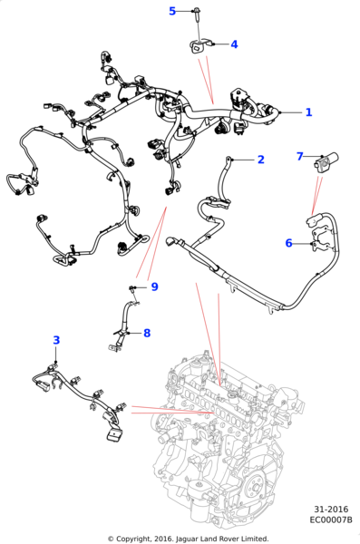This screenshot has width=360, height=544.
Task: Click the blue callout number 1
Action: click(x=308, y=112)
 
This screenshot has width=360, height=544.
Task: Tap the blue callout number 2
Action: click(x=261, y=160)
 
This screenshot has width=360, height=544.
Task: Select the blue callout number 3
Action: click(x=56, y=340)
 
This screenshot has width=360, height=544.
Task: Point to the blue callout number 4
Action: click(x=234, y=44)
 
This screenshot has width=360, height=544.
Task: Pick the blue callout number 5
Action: click(x=172, y=11)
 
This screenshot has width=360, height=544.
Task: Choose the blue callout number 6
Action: click(x=289, y=243)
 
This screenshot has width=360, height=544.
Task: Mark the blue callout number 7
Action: click(x=300, y=157)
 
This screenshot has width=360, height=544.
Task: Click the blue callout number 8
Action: click(x=147, y=333)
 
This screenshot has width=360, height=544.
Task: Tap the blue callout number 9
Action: click(x=154, y=287)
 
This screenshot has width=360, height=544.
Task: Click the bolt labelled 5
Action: click(x=197, y=14)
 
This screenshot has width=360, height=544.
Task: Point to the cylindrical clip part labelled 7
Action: click(x=326, y=161)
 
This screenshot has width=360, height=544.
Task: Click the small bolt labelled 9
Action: click(x=131, y=288)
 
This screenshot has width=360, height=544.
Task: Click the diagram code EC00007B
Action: click(x=331, y=520)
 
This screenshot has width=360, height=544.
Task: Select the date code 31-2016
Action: click(x=331, y=510)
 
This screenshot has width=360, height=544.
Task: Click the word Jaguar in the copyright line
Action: click(x=187, y=539)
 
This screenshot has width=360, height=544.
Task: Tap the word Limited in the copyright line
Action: click(x=256, y=539)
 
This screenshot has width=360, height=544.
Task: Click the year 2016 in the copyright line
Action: click(x=164, y=539)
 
